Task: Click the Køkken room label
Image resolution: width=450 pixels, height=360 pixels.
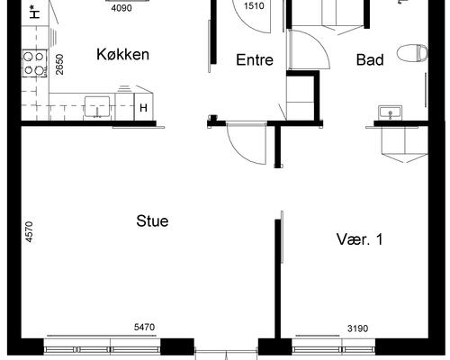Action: click(122, 54)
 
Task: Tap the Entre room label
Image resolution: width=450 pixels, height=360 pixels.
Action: click(255, 59)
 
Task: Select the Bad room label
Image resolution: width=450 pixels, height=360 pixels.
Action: click(370, 59)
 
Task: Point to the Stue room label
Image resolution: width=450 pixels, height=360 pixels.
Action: click(152, 221)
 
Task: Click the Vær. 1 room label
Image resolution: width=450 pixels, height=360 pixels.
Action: click(360, 239)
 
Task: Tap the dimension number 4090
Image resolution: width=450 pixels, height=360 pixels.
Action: click(121, 8)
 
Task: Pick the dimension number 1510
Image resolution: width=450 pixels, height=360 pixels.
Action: click(254, 5)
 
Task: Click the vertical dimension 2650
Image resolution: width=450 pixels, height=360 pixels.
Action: click(59, 64)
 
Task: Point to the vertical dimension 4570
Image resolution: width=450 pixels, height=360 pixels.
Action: click(29, 232)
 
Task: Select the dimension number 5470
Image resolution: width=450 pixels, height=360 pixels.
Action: click(144, 327)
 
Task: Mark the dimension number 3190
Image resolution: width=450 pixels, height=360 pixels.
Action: click(357, 328)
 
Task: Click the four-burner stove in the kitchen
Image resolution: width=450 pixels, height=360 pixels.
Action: click(34, 64)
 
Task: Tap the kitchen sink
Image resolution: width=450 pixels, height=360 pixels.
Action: click(97, 106)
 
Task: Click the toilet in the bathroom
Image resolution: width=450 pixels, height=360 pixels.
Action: click(412, 53)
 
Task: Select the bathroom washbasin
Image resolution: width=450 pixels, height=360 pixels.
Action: click(390, 113)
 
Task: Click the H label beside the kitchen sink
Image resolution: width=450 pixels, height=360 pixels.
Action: click(143, 108)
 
